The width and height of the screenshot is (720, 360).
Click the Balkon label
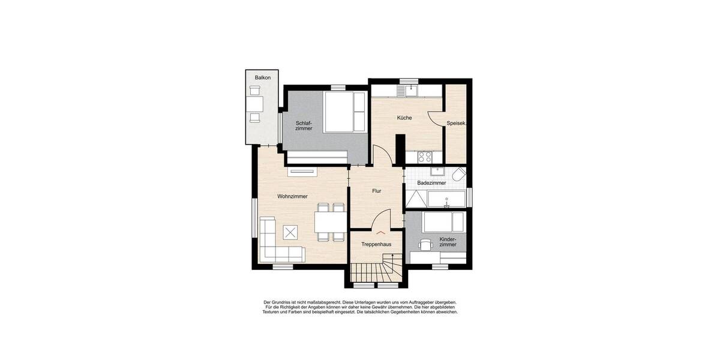coord(263,78)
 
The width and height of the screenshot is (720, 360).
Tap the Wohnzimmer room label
coord(292,196)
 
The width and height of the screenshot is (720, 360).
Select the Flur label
coord(377,191)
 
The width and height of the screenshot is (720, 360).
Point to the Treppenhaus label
coord(376,244)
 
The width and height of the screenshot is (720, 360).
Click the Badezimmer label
coord(431,182)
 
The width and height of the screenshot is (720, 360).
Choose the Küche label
coord(404,118)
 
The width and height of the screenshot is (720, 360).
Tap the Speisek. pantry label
coord(457,124)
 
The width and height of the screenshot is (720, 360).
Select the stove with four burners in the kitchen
coord(425,157)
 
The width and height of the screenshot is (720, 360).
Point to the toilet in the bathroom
coord(459,175)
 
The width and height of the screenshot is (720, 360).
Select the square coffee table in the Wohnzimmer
coord(291,232)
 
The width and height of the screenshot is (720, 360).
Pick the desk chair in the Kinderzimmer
coord(425,245)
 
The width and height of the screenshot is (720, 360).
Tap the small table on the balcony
coord(255,103)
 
